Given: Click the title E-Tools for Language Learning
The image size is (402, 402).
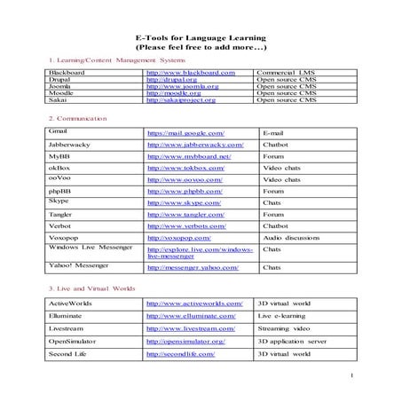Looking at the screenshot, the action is point(200,39).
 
